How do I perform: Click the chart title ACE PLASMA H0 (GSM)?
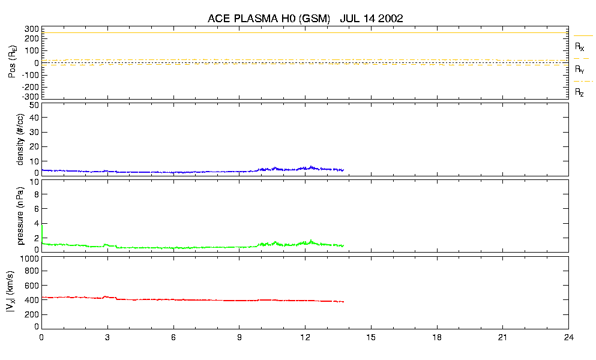point(268,19)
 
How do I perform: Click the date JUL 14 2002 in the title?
point(371,19)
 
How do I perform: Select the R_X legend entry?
point(579,46)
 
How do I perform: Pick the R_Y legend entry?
point(579,70)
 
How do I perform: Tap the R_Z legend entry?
point(579,92)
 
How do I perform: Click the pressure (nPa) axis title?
point(20,217)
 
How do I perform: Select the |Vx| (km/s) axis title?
point(11,293)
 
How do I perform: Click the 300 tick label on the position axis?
point(32,29)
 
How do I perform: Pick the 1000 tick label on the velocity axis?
point(29,259)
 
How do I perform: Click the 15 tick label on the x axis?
point(371,338)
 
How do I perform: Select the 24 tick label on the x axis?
point(568,338)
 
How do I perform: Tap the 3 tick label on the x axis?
point(107,338)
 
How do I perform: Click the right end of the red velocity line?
point(343,302)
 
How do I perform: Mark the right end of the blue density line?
point(343,170)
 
